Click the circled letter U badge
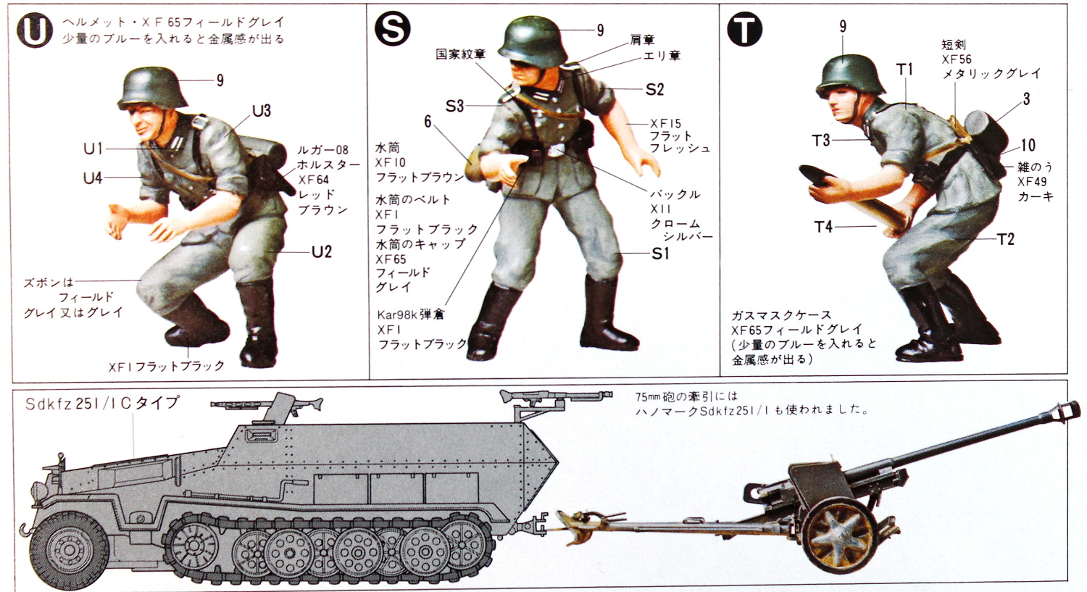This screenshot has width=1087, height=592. click(x=33, y=32)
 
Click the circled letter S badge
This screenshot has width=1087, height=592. click(x=392, y=29)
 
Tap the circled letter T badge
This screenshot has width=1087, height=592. click(x=744, y=30)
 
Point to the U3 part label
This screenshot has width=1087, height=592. click(x=261, y=111)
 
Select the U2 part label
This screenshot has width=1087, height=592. click(x=321, y=252)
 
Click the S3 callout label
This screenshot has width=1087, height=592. click(x=454, y=107)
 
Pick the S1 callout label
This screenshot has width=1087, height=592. click(x=660, y=254)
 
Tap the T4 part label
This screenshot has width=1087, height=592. click(x=823, y=227)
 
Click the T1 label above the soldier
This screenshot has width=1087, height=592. click(x=904, y=70)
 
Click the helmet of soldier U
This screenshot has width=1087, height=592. click(x=152, y=87)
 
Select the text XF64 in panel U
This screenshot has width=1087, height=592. click(x=313, y=180)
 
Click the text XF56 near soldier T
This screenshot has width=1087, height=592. click(x=957, y=59)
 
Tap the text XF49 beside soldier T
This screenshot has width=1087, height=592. click(x=1032, y=182)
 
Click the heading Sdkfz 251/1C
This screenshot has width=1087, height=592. click(x=101, y=404)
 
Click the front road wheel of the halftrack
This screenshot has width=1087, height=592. click(x=69, y=549)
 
